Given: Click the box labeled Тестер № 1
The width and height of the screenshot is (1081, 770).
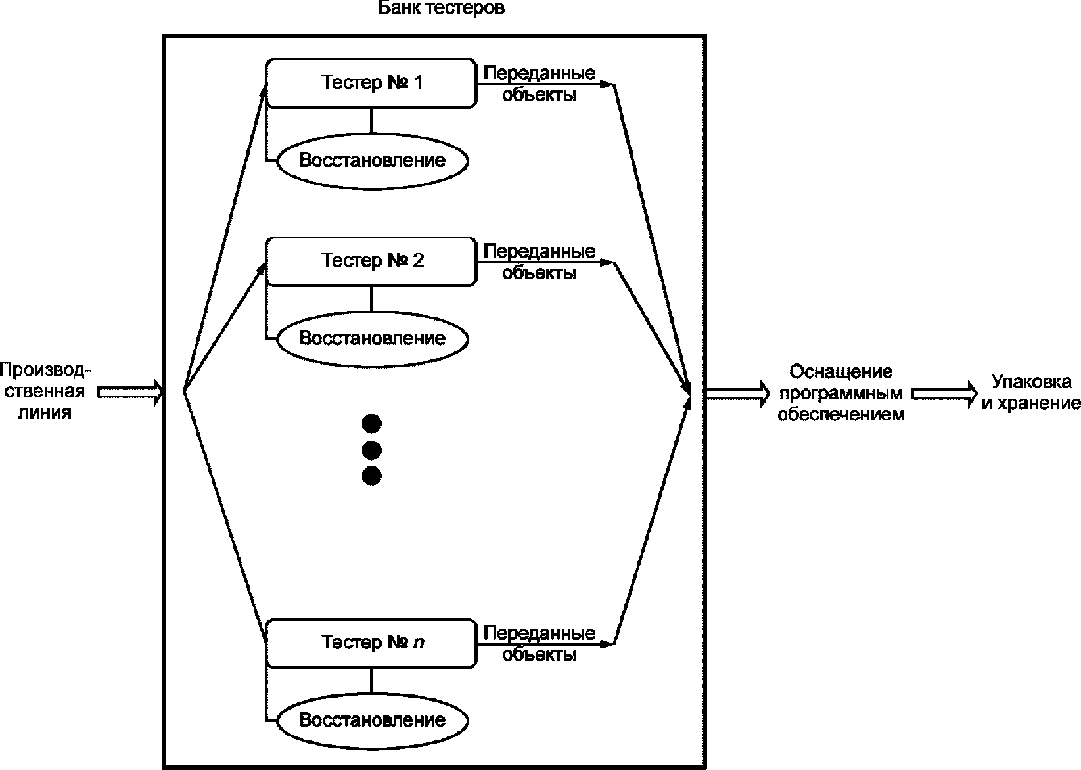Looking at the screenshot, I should pyautogui.click(x=371, y=83).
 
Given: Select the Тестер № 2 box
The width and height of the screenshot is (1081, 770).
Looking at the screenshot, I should pyautogui.click(x=371, y=261).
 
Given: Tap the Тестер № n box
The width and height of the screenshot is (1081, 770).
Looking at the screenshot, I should pyautogui.click(x=371, y=643).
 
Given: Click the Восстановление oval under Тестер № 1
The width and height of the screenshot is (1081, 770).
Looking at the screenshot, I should pyautogui.click(x=373, y=160).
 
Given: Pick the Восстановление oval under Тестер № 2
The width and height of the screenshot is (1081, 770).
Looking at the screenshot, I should pyautogui.click(x=373, y=338).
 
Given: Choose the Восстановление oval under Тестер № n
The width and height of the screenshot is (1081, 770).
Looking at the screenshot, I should pyautogui.click(x=373, y=720).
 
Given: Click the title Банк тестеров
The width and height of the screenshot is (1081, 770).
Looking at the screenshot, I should pyautogui.click(x=441, y=10).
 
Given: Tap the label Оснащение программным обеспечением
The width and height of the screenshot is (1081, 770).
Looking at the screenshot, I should pyautogui.click(x=840, y=394).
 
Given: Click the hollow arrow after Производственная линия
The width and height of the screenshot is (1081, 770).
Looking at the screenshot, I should pyautogui.click(x=130, y=392).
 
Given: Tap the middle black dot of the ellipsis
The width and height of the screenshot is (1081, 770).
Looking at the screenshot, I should pyautogui.click(x=372, y=450).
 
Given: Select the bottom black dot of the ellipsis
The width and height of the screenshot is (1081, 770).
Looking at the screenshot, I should pyautogui.click(x=372, y=476).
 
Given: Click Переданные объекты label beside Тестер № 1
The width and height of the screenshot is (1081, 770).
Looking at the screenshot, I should pyautogui.click(x=540, y=83).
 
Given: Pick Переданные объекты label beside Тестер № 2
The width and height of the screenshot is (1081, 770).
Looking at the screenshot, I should pyautogui.click(x=540, y=261).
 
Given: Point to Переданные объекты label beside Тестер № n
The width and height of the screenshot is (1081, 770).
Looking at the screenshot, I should pyautogui.click(x=540, y=644).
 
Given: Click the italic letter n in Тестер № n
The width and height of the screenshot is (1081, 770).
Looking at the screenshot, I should pyautogui.click(x=419, y=643).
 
